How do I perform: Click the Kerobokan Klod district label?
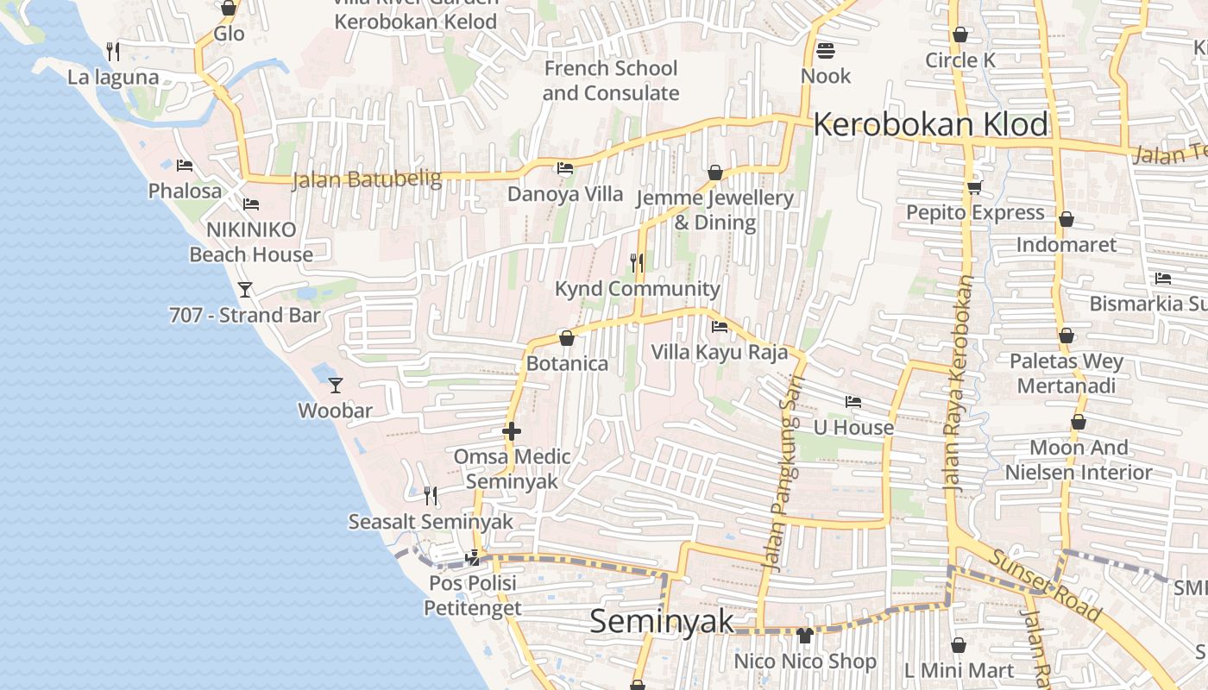point(930,125)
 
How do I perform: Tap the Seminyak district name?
point(662,621)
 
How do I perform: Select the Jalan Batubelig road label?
point(367,180)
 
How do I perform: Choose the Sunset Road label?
point(1045,586)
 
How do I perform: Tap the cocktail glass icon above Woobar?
point(336,385)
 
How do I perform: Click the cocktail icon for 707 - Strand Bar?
point(245,289)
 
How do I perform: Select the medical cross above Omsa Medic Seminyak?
point(512,430)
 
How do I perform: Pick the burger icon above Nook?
point(825,50)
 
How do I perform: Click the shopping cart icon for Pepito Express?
point(974,186)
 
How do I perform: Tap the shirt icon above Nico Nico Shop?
point(805,636)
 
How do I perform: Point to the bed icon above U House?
point(853,401)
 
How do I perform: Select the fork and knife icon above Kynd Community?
point(637,262)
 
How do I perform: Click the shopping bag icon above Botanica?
point(567,338)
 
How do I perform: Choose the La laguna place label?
point(113,78)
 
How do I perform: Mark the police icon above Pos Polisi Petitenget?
point(472,558)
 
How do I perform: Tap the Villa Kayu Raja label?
point(719,352)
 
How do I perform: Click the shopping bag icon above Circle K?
point(959,34)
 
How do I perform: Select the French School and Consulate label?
point(611,80)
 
